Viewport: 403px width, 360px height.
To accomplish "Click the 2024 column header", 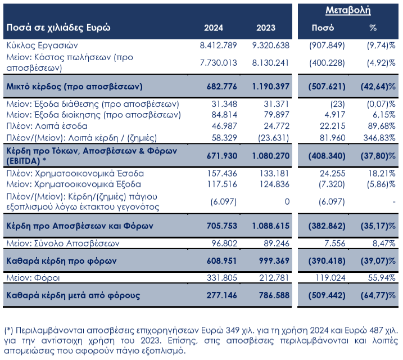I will pyautogui.click(x=214, y=28).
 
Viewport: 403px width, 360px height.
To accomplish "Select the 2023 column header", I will pyautogui.click(x=265, y=28).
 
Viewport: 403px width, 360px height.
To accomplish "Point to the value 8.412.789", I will pyautogui.click(x=219, y=45).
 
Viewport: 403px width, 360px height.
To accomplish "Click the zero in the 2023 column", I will pyautogui.click(x=286, y=201).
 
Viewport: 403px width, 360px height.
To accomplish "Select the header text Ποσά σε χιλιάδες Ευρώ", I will pyautogui.click(x=58, y=28).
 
